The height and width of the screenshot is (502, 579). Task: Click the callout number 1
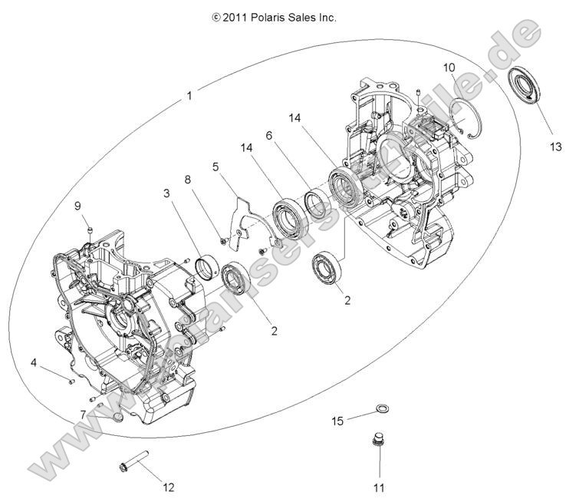point(189,96)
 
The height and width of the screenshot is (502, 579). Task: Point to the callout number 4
point(34,362)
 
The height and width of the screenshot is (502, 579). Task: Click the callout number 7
point(83,414)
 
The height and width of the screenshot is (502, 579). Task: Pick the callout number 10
point(449,67)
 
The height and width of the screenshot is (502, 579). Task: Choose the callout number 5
point(215,165)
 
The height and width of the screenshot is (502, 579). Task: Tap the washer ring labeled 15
point(381,408)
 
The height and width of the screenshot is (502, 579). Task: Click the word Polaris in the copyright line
point(271,16)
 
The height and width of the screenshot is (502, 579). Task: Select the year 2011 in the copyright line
point(235,16)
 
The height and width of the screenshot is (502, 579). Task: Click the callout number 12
point(169,487)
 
